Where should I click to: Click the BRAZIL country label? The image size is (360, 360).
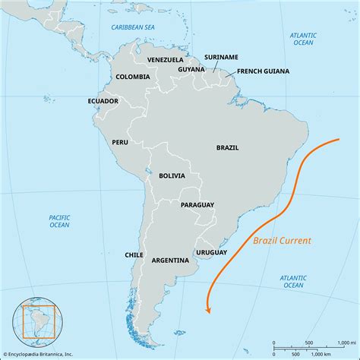pos(228,148)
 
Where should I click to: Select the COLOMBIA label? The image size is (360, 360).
pos(134,77)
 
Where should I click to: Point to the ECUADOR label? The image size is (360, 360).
pos(103,101)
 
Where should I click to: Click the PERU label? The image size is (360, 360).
pos(120,142)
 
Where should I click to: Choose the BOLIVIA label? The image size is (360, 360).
pos(172,175)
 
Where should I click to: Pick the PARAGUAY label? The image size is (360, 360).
pos(197,205)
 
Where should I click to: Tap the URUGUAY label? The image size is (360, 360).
pos(211,251)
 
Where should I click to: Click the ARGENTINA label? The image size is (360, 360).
pos(170,260)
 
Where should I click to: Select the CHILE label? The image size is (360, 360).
pos(134,255)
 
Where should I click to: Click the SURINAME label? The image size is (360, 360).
pos(221,56)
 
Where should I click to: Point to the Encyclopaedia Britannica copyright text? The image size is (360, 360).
pos(42,352)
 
